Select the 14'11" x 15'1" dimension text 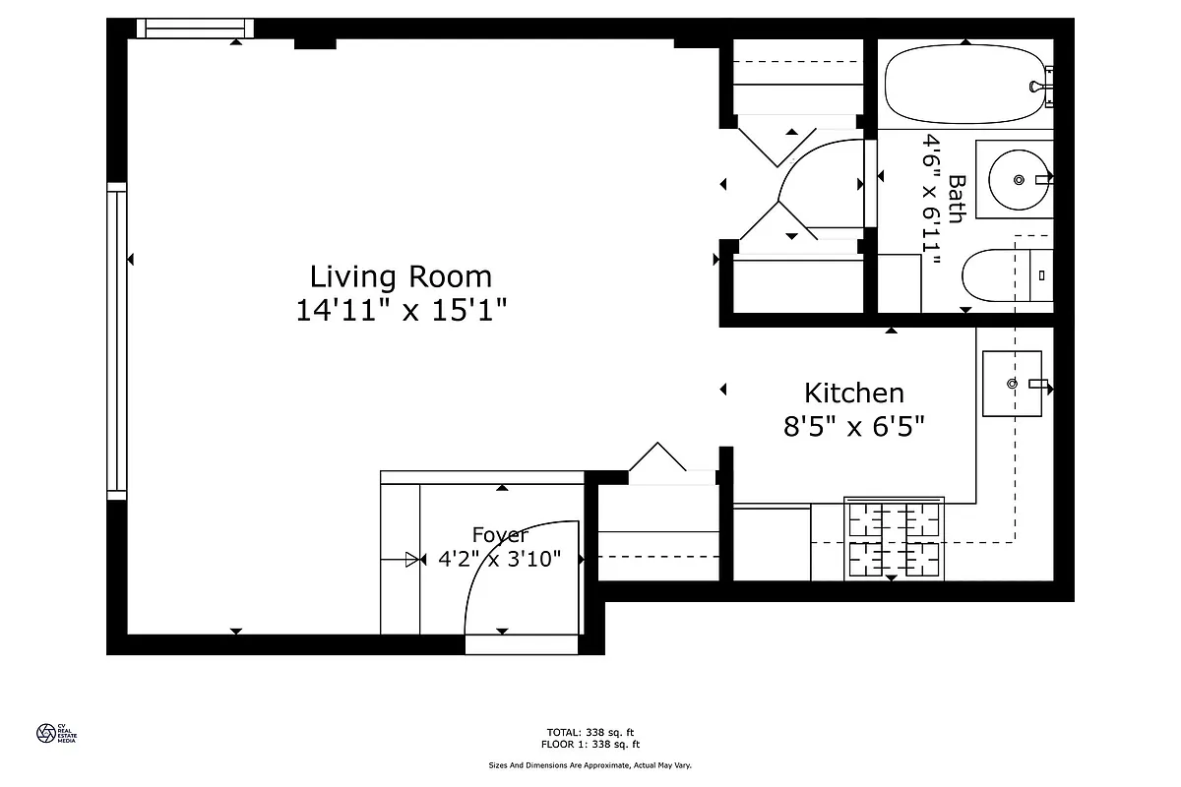click(401, 311)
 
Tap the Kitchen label click(853, 393)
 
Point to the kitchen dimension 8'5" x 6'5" click(853, 427)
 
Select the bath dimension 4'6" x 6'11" click(931, 201)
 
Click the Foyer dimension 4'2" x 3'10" click(499, 559)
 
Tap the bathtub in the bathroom click(964, 87)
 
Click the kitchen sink click(1012, 383)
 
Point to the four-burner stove click(894, 538)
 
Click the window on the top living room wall click(195, 29)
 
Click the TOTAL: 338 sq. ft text click(590, 732)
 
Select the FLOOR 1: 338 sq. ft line click(590, 744)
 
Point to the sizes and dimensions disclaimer click(590, 764)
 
